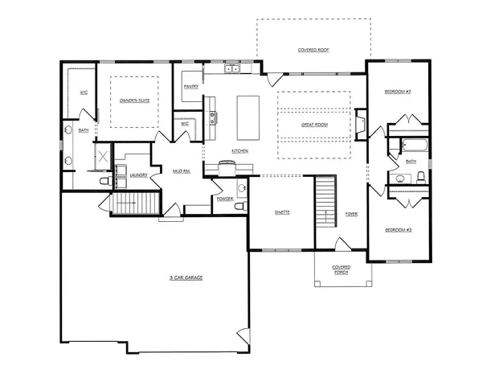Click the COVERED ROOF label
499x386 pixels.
click(x=313, y=50)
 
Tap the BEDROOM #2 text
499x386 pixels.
click(x=398, y=92)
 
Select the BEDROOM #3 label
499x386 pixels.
click(x=398, y=230)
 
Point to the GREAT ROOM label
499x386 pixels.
click(x=313, y=125)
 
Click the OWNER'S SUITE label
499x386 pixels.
click(x=133, y=101)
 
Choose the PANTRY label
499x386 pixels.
click(x=191, y=86)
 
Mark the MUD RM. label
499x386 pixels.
click(x=181, y=170)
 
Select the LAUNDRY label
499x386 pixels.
click(x=137, y=174)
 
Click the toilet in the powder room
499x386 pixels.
click(x=239, y=207)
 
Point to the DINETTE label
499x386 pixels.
click(x=281, y=212)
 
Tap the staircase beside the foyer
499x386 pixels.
click(x=324, y=201)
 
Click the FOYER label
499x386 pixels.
click(x=351, y=214)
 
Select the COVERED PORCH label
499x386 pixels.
click(x=342, y=269)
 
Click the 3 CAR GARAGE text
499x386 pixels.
click(x=185, y=277)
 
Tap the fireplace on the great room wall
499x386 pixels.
click(x=362, y=125)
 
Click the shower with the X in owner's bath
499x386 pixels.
click(x=103, y=155)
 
